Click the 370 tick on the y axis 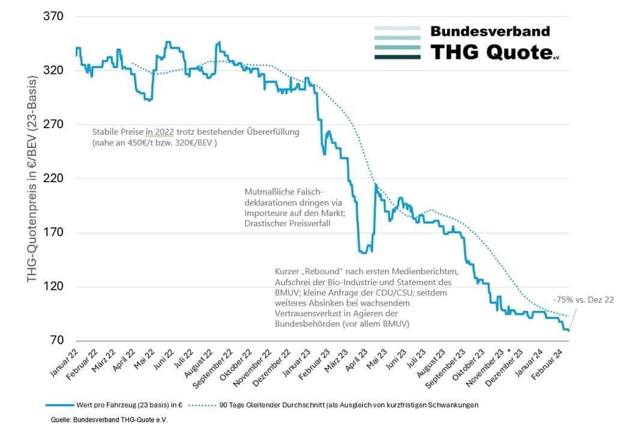53,16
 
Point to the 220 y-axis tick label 53,179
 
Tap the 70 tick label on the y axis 56,341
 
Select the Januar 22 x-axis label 64,363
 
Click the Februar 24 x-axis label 554,363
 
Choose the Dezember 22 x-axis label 274,366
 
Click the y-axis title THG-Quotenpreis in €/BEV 32,180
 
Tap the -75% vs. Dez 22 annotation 584,299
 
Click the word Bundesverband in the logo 490,31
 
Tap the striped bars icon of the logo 397,43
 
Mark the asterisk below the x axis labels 509,351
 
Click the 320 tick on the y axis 53,70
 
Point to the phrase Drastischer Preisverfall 288,223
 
